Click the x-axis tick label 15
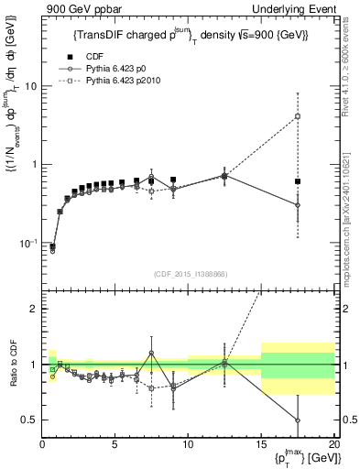261,444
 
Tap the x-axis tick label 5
115,444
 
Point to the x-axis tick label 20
333,444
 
